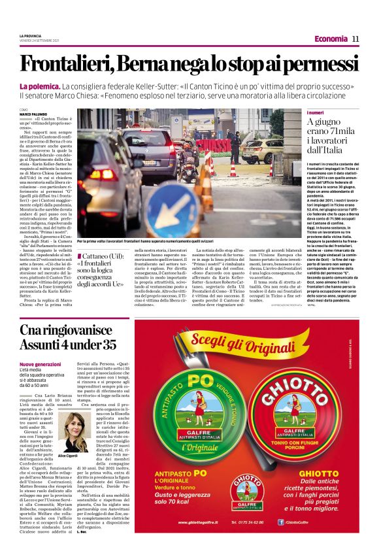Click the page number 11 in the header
[355, 39]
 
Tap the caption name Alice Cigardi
[67, 456]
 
